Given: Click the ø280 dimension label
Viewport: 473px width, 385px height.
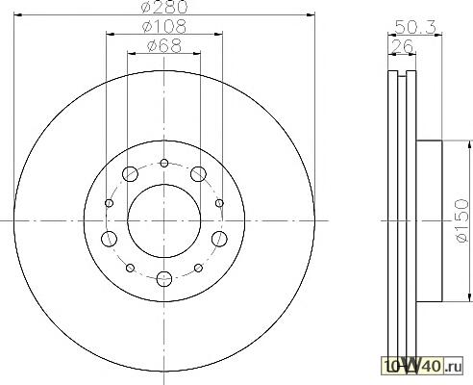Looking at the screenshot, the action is (164, 7).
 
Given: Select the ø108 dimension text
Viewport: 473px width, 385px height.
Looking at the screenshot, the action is (164, 26).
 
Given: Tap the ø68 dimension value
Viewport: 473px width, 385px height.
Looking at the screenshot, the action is (164, 45).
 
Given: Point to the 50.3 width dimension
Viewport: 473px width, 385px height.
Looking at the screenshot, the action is (415, 27).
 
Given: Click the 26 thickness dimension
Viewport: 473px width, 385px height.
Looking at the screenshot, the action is (402, 46).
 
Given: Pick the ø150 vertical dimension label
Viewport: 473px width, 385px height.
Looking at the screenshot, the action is (461, 220).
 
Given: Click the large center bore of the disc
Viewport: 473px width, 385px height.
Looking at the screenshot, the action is (164, 220).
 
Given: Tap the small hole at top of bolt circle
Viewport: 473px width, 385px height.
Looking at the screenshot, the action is (164, 163).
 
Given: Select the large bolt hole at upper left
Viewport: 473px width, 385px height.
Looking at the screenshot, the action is (130, 174).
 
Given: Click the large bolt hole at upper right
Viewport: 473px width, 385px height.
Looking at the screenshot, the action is (198, 174).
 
